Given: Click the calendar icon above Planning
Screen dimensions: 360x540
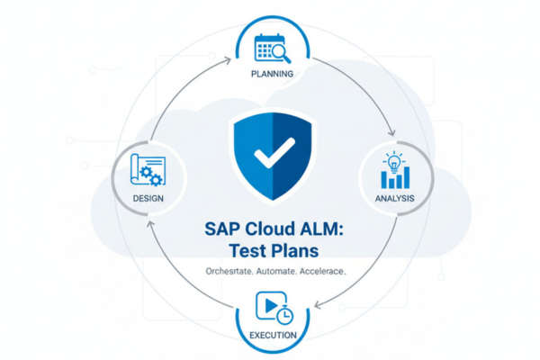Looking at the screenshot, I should pyautogui.click(x=267, y=46).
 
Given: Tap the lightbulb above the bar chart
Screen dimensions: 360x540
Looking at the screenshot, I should pyautogui.click(x=393, y=161).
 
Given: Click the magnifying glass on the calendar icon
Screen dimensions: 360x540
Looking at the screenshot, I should pyautogui.click(x=276, y=50).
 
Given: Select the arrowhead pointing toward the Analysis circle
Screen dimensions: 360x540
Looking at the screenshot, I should pyautogui.click(x=389, y=132).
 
